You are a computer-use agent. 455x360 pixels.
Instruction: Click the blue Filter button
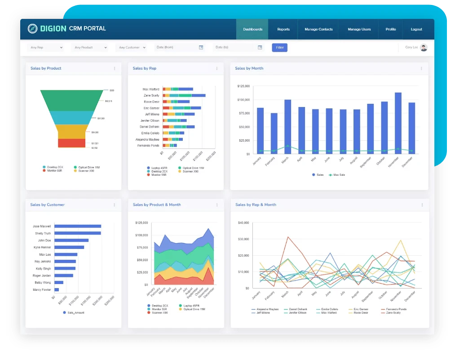pos(279,47)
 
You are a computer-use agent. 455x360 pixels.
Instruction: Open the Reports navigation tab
pos(283,29)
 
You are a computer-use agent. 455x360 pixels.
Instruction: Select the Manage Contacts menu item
pos(318,29)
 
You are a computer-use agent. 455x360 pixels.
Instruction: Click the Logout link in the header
pos(416,29)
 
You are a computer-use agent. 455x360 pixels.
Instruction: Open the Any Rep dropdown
pos(45,47)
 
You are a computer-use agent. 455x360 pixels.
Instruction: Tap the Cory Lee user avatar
pos(424,47)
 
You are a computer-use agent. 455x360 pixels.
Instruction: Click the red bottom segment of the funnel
pos(72,143)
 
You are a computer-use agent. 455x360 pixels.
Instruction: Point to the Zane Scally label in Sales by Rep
pos(151,95)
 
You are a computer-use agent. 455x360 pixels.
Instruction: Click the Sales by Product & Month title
pos(157,204)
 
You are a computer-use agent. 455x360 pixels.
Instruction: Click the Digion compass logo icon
pos(32,29)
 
